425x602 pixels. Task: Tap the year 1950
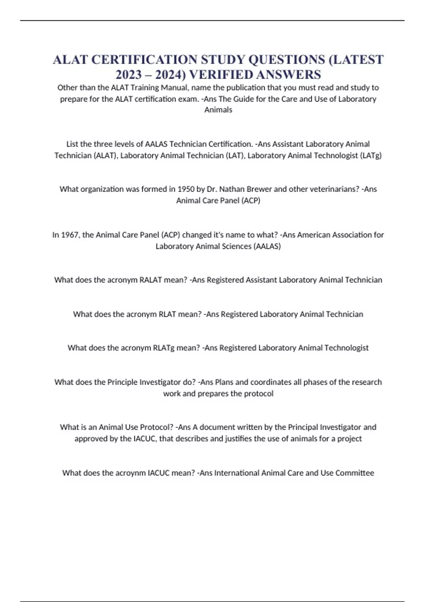[x=186, y=189]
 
